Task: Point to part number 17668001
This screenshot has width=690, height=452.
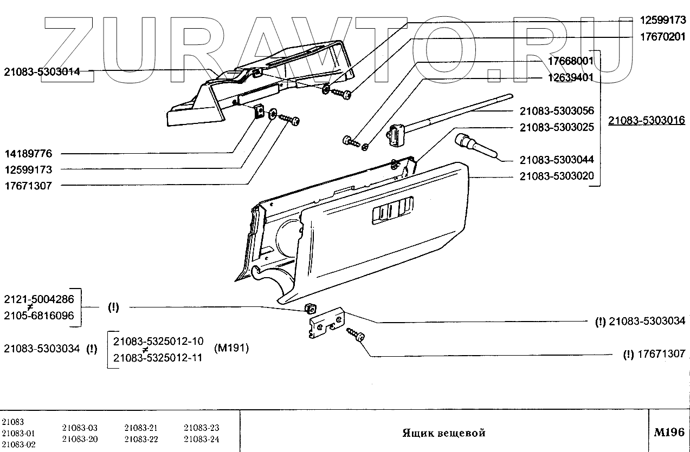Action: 570,61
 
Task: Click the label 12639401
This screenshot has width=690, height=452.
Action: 570,78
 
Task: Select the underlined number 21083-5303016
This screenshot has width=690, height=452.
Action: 646,120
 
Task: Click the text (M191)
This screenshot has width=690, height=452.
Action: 231,348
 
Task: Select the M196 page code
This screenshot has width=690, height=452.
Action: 669,433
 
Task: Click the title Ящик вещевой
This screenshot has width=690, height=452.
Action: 443,433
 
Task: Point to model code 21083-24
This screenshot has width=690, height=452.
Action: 201,438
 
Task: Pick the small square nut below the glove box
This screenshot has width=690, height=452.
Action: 311,309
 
